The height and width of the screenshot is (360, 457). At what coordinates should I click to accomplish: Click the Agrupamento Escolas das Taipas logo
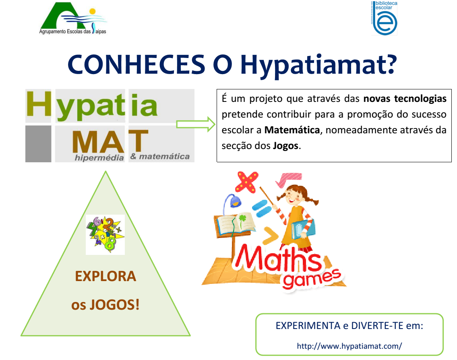tap(73, 18)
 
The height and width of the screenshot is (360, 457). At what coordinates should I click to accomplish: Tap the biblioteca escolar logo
tap(384, 18)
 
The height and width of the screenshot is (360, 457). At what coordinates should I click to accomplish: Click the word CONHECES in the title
tap(136, 64)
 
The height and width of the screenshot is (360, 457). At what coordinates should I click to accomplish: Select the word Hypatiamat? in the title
tap(318, 66)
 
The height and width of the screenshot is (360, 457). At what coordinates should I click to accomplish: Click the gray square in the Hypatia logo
tap(38, 144)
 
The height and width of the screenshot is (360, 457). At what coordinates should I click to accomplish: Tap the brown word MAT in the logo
tap(110, 141)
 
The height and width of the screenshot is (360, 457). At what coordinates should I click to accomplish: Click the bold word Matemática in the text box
tap(292, 130)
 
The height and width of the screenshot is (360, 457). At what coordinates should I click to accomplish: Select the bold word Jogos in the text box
tap(286, 146)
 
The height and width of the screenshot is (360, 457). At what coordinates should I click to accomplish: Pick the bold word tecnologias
tap(420, 99)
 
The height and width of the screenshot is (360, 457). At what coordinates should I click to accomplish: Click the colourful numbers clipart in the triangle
tap(105, 235)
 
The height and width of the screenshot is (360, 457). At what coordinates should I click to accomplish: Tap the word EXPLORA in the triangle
tap(105, 276)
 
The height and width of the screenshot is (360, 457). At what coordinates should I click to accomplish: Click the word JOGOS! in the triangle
tap(114, 305)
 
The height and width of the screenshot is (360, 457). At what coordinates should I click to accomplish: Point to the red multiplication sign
tap(246, 182)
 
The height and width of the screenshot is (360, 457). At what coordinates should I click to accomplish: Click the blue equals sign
tap(262, 209)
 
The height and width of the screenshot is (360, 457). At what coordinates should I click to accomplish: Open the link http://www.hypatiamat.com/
tap(349, 346)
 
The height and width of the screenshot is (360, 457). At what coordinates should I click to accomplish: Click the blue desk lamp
tap(232, 202)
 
